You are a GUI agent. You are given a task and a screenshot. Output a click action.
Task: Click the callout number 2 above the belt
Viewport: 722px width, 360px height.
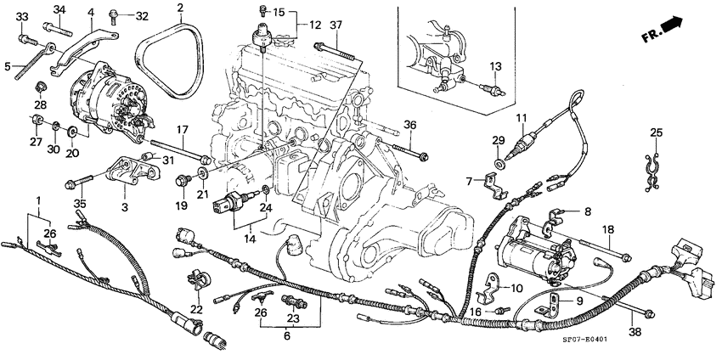point(180,8)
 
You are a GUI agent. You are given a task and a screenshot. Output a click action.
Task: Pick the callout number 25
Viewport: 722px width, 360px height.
point(655,132)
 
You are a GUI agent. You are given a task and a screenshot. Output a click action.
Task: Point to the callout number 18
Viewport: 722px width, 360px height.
point(608,230)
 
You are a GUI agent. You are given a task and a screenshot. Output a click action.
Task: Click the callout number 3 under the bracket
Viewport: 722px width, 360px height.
point(125,206)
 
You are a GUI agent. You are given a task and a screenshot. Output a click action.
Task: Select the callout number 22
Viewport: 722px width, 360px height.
point(197,309)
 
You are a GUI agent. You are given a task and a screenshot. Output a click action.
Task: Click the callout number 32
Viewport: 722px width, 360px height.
point(141,15)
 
